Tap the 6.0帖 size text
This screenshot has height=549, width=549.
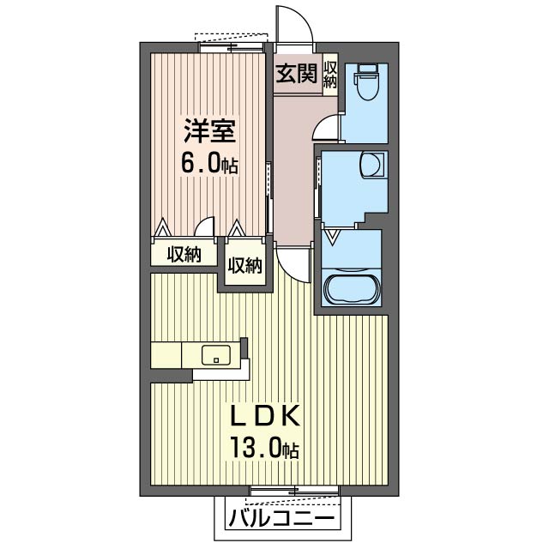208,163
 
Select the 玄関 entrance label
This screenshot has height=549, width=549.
296,74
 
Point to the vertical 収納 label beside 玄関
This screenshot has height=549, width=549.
331,75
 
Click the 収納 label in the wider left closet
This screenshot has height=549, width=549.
184,255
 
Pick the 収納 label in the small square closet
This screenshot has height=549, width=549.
244,266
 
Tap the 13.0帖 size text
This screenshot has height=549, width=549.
263,447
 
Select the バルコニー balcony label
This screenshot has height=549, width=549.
282,518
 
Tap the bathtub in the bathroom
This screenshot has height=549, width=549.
352,288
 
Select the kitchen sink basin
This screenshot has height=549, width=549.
214,353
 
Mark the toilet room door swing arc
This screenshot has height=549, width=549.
328,128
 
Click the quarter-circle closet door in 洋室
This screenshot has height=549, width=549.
204,226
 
